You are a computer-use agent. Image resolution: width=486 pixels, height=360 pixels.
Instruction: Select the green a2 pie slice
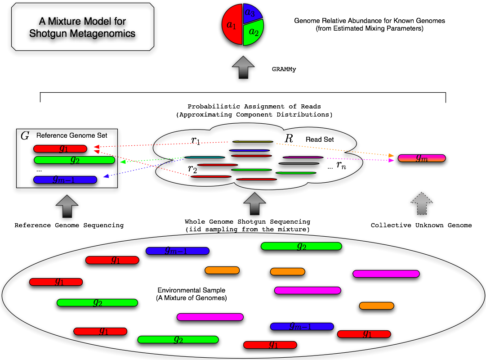click(253, 33)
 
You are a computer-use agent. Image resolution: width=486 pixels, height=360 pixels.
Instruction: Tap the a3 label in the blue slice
click(250, 13)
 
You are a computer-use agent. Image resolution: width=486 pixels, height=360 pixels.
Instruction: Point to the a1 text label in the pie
click(231, 25)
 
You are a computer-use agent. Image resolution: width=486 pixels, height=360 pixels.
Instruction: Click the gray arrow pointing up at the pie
click(243, 67)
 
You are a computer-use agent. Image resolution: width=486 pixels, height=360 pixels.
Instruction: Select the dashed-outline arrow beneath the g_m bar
click(421, 203)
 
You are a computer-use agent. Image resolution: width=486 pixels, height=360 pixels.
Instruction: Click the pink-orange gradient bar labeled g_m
click(422, 158)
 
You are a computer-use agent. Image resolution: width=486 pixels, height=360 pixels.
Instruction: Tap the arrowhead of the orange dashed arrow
click(391, 155)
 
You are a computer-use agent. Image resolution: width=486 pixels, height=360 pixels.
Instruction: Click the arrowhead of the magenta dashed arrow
click(391, 160)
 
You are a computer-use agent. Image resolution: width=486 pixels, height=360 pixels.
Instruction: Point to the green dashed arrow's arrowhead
click(123, 162)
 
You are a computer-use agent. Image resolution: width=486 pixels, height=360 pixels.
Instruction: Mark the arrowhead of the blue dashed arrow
click(106, 176)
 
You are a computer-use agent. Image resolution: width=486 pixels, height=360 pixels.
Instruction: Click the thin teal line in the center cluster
click(205, 157)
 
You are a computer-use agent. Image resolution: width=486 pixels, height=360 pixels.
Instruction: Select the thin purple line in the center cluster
click(303, 157)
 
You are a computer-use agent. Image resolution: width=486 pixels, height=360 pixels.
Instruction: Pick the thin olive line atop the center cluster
click(253, 142)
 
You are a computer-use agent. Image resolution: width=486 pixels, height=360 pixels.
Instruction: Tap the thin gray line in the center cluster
click(299, 163)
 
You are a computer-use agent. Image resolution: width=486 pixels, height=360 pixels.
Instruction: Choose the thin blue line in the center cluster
click(250, 150)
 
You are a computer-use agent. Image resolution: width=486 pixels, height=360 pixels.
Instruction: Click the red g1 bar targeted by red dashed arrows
click(60, 148)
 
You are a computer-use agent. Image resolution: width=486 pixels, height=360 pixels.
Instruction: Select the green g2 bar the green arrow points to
click(74, 160)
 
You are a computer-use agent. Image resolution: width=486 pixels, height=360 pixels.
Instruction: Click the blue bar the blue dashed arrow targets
click(65, 180)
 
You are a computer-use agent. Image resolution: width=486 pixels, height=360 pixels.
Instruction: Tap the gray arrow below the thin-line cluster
click(254, 203)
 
